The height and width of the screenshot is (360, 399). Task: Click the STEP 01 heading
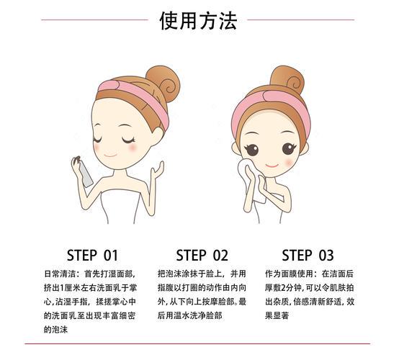(x=92, y=255)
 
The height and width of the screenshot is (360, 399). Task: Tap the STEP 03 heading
(x=308, y=255)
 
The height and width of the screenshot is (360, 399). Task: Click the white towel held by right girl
(x=249, y=174)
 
